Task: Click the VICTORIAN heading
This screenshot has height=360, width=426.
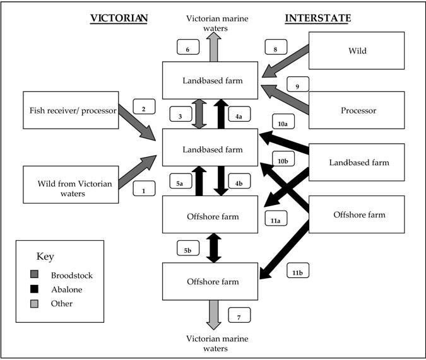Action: (119, 18)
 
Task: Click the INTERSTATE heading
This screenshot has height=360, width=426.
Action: (318, 18)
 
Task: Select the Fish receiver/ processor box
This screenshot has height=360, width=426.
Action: (70, 111)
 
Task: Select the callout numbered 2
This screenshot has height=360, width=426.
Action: (144, 108)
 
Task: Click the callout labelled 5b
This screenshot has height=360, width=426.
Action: (188, 250)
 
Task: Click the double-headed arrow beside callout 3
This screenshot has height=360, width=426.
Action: (199, 113)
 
